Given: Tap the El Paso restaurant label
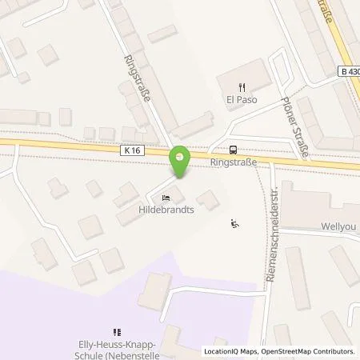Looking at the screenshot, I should (x=240, y=101).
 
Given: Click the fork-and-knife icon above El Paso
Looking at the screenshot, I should (x=240, y=86).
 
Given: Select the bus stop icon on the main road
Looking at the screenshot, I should (x=233, y=148).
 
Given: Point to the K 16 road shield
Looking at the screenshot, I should (x=134, y=149).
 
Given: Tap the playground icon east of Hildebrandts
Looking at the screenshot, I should (x=234, y=223).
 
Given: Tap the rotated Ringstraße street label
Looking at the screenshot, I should (x=133, y=82).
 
